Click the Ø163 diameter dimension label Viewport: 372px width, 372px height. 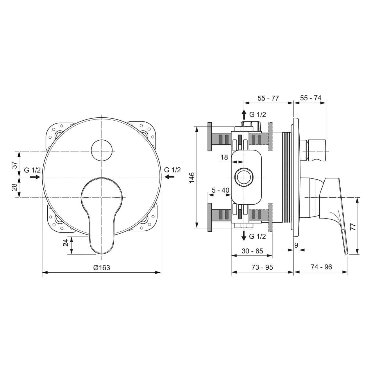[x=102, y=268]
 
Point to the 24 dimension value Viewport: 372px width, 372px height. [x=66, y=243]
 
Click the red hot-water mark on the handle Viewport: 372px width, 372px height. [x=86, y=198]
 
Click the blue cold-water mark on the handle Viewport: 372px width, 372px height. [x=117, y=198]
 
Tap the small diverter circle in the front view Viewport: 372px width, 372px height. [x=101, y=150]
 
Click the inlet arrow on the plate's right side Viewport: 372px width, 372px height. [x=169, y=177]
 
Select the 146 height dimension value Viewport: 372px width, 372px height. [x=192, y=177]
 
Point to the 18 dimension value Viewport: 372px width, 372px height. [x=224, y=158]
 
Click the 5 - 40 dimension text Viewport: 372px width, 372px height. [x=221, y=190]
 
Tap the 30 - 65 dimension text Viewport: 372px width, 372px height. [x=252, y=251]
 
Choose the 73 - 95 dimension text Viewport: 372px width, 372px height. [x=262, y=267]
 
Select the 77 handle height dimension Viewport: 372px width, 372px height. [x=353, y=227]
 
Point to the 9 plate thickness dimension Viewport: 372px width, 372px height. [x=296, y=245]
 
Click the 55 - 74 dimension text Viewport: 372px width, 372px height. [x=311, y=98]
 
